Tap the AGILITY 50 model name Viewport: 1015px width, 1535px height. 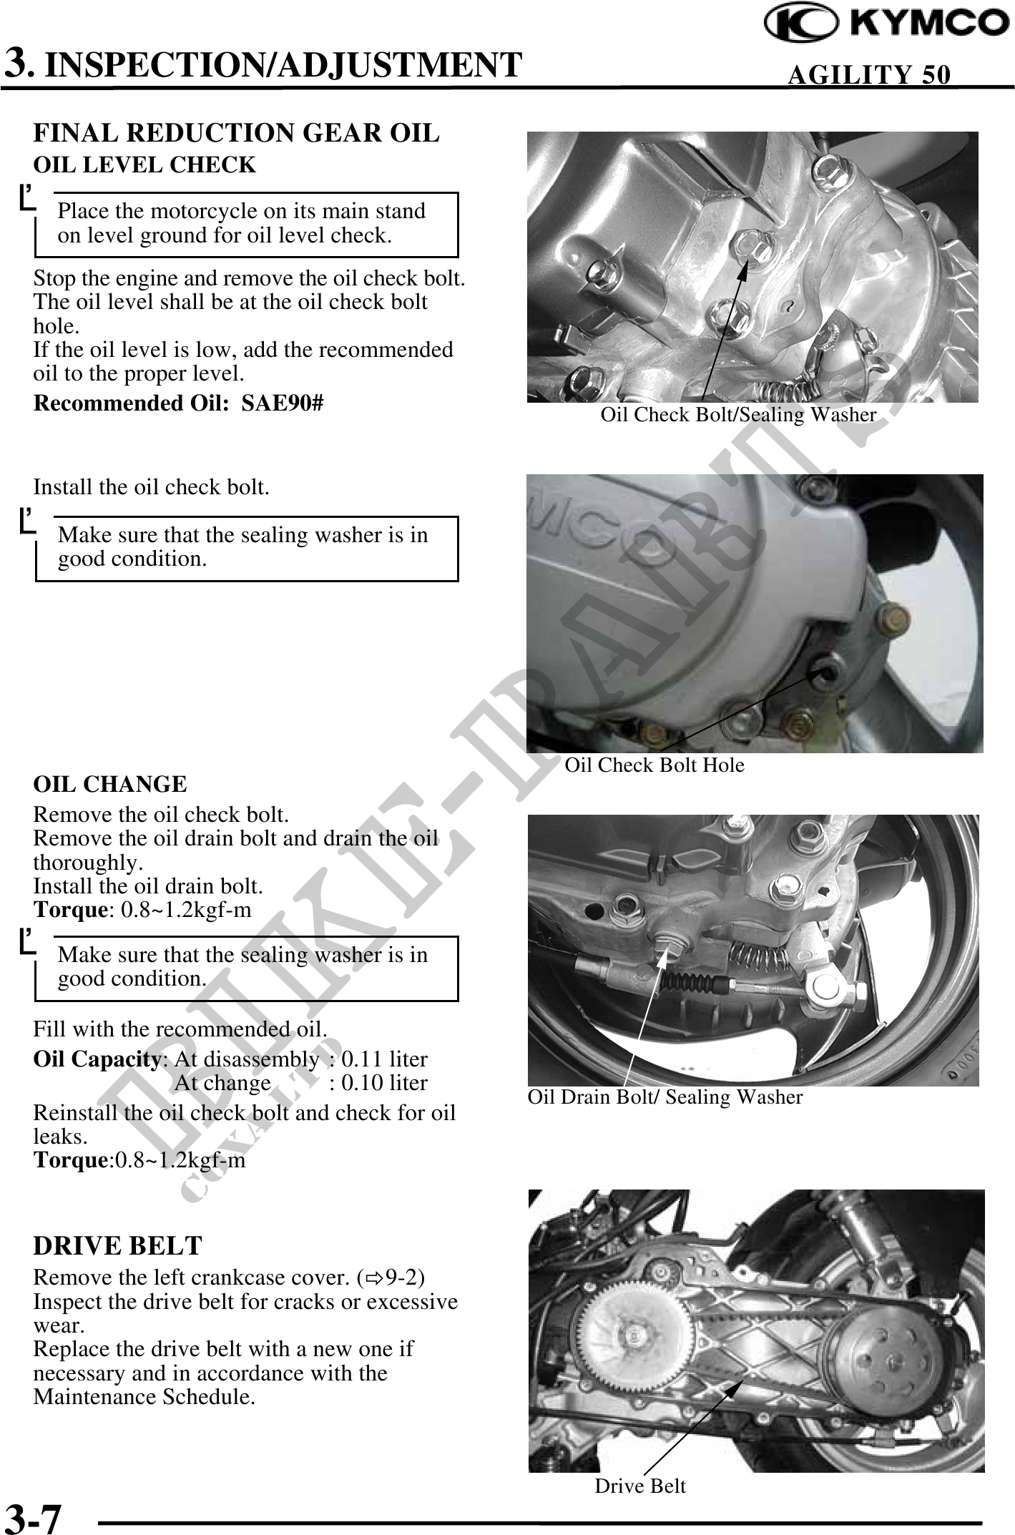[869, 74]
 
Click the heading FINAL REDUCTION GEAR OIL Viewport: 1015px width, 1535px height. [237, 133]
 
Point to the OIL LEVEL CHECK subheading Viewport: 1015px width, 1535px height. [144, 165]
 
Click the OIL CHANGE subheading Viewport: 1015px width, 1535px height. [110, 784]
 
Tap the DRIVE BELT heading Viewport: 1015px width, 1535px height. [118, 1246]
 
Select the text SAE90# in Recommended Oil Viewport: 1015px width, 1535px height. [283, 403]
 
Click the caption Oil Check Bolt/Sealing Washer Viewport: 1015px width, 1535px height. [738, 414]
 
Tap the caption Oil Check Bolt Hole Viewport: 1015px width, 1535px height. [654, 765]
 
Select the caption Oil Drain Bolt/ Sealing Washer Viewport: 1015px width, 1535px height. [665, 1097]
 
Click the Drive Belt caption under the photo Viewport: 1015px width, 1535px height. [640, 1486]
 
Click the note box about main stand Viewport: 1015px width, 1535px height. [247, 224]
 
